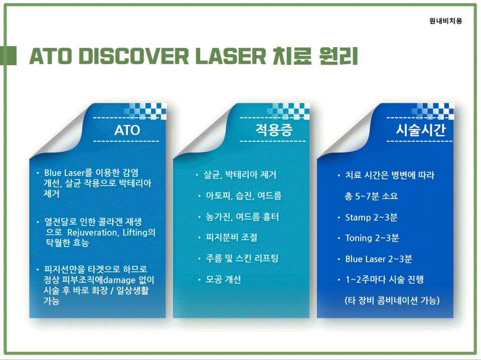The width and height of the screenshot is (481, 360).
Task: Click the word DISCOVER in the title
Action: point(133,56)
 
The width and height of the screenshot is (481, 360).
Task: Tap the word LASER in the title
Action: point(231,56)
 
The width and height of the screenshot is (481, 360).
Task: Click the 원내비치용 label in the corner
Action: point(445,21)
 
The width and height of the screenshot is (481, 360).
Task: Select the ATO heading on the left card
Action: point(127,130)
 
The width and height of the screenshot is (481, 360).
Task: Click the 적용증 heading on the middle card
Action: point(274,130)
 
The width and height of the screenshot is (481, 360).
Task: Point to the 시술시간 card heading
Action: point(421,130)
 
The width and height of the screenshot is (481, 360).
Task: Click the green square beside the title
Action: point(9,56)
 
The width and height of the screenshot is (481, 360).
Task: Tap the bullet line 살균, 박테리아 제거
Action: point(240,175)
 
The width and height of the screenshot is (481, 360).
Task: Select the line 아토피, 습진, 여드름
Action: point(244,196)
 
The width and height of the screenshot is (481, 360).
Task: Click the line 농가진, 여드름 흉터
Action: point(242,217)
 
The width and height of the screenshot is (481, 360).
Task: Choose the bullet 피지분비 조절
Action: point(232,237)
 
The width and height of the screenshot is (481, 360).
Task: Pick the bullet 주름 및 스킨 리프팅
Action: point(242,258)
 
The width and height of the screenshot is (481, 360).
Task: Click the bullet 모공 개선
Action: point(223,279)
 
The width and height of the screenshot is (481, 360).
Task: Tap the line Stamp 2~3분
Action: point(372,218)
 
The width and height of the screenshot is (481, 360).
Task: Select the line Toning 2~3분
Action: point(372,238)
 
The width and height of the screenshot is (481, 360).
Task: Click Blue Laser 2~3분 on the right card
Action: point(379,259)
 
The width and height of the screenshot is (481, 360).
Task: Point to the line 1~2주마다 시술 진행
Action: point(385,280)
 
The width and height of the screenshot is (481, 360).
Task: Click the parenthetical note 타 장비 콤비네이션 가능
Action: point(392,300)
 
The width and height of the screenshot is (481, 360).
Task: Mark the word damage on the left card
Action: point(119,280)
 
